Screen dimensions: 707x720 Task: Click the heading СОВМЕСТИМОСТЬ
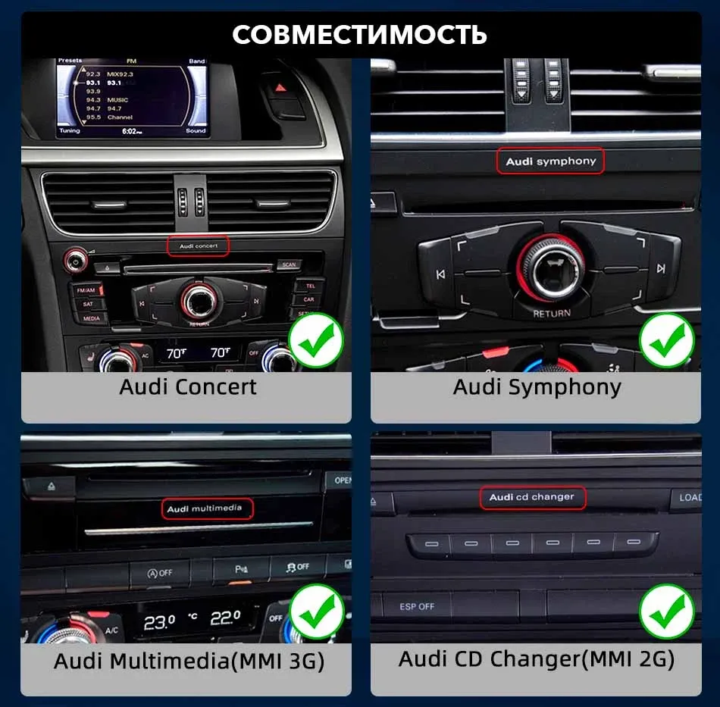pyautogui.click(x=359, y=34)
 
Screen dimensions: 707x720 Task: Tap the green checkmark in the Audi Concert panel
pyautogui.click(x=316, y=341)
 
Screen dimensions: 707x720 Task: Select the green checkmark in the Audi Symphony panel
pyautogui.click(x=666, y=341)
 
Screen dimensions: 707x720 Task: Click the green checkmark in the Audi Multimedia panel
pyautogui.click(x=316, y=612)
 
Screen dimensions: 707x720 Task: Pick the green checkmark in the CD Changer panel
pyautogui.click(x=666, y=612)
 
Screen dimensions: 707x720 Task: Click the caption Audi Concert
pyautogui.click(x=187, y=386)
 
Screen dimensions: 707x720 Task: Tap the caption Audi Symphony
pyautogui.click(x=537, y=386)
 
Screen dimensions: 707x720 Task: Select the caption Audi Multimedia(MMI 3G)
pyautogui.click(x=189, y=661)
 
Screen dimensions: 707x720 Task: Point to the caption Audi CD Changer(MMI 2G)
pyautogui.click(x=537, y=659)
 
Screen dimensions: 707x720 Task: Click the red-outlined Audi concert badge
pyautogui.click(x=198, y=246)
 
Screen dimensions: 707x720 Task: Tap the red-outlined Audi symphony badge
pyautogui.click(x=551, y=161)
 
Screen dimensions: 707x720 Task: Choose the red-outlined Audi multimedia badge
pyautogui.click(x=205, y=508)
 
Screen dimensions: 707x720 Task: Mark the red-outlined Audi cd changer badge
pyautogui.click(x=532, y=497)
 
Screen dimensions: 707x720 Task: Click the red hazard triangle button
pyautogui.click(x=281, y=87)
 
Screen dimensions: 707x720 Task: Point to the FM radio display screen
pyautogui.click(x=133, y=99)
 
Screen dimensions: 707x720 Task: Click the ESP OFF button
pyautogui.click(x=417, y=606)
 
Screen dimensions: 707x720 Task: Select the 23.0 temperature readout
pyautogui.click(x=160, y=622)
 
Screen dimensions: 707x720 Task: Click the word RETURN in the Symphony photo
pyautogui.click(x=551, y=313)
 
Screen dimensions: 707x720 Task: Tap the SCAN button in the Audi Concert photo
pyautogui.click(x=289, y=265)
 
